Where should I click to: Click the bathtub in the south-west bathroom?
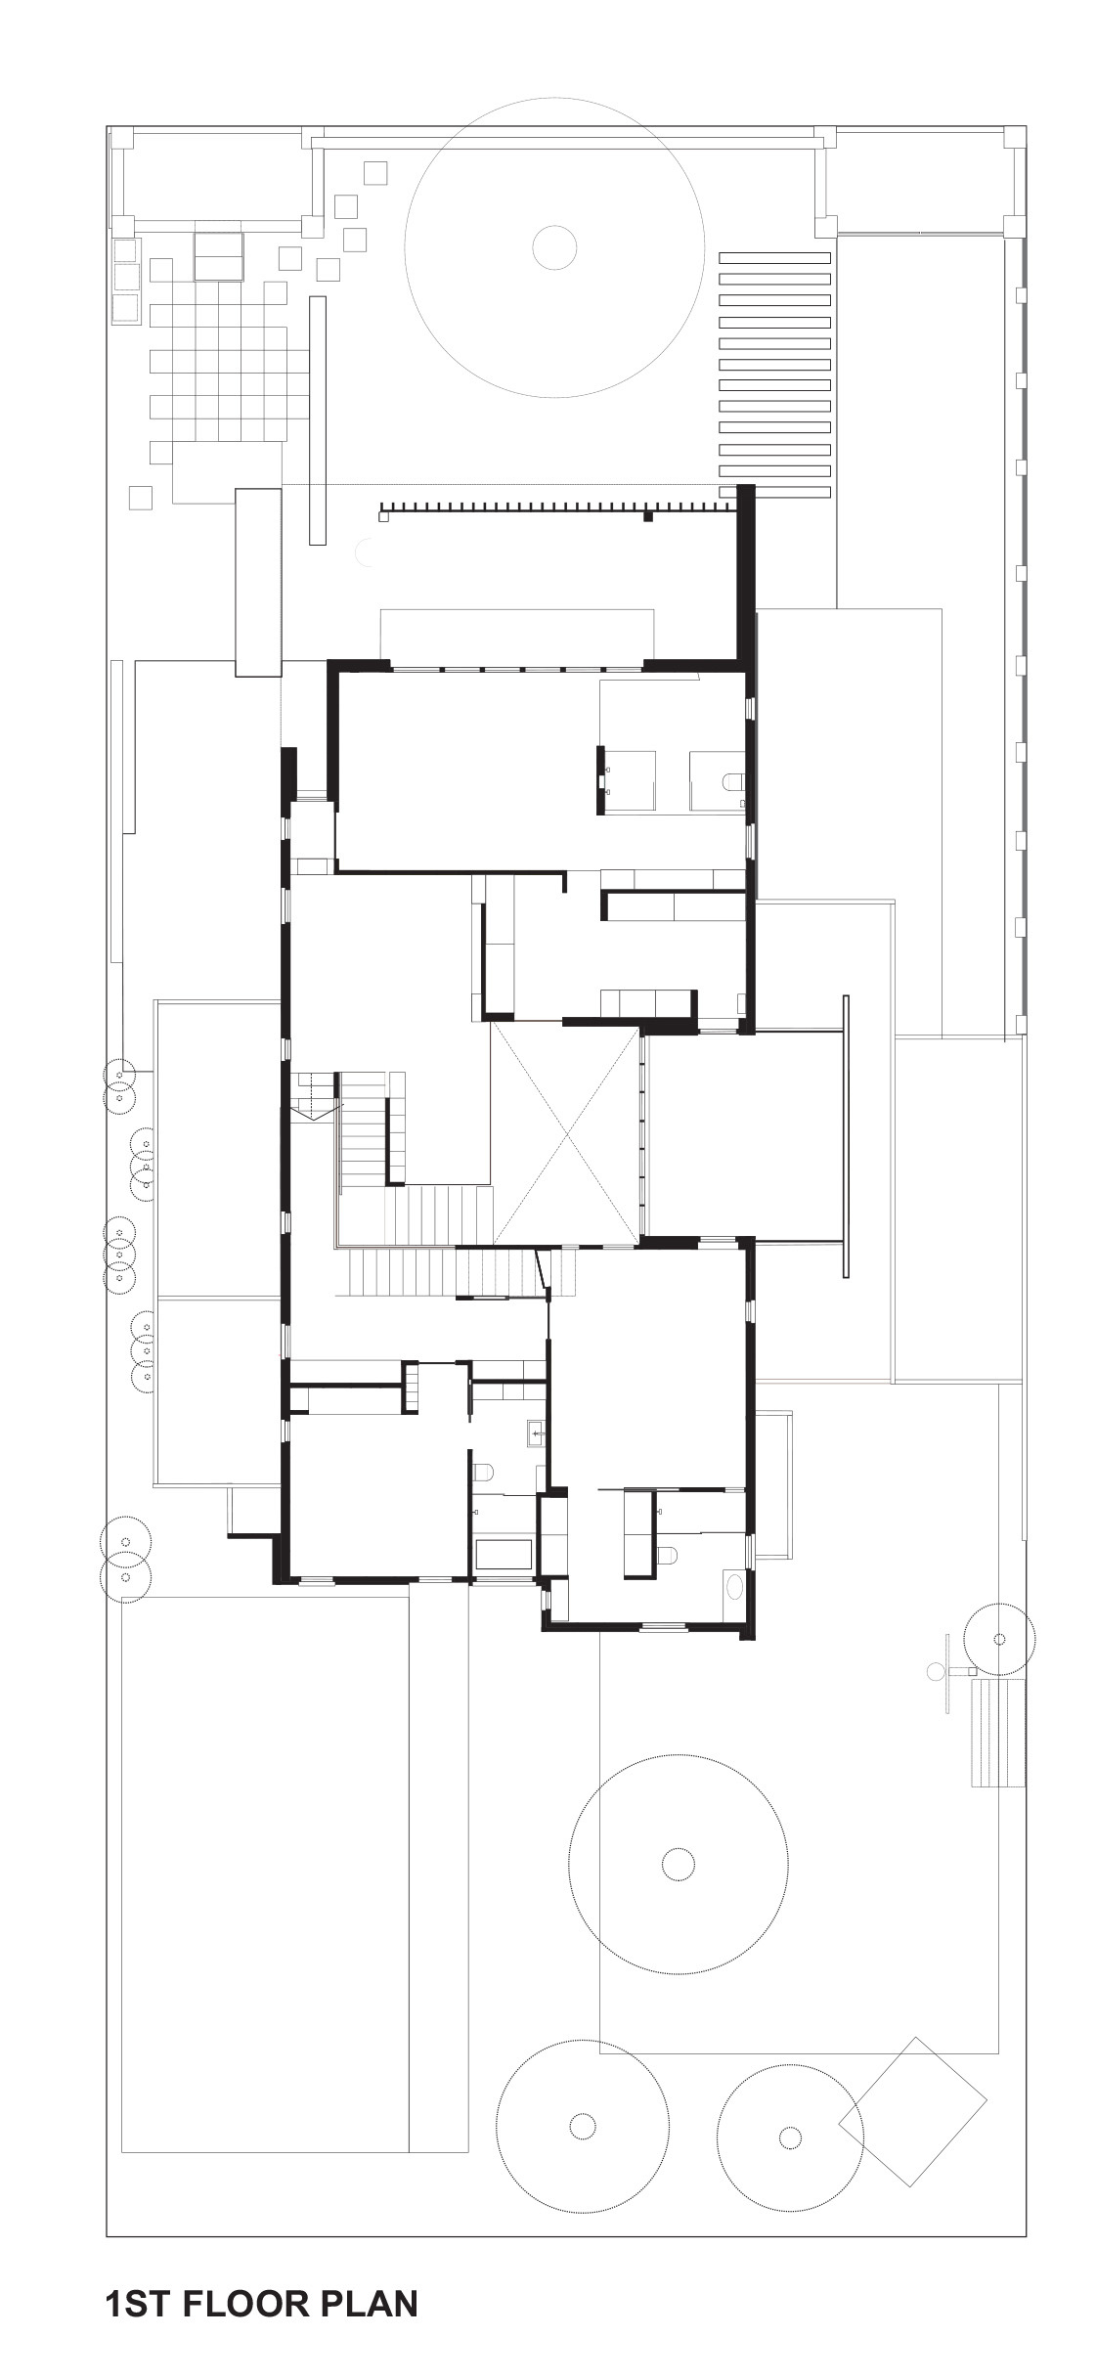pyautogui.click(x=504, y=1555)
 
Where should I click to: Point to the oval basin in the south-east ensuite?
pyautogui.click(x=735, y=1584)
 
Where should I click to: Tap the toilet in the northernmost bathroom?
pyautogui.click(x=733, y=781)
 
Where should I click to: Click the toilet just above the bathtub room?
pyautogui.click(x=482, y=1472)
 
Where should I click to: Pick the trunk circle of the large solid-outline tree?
pyautogui.click(x=554, y=247)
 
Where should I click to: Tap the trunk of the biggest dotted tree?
pyautogui.click(x=678, y=1865)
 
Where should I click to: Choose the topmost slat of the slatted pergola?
pyautogui.click(x=773, y=258)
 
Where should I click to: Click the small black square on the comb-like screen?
pyautogui.click(x=647, y=515)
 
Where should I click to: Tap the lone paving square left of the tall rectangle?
pyautogui.click(x=140, y=498)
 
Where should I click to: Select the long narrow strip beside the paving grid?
pyautogui.click(x=317, y=419)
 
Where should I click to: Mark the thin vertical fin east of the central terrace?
pyautogui.click(x=846, y=1135)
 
